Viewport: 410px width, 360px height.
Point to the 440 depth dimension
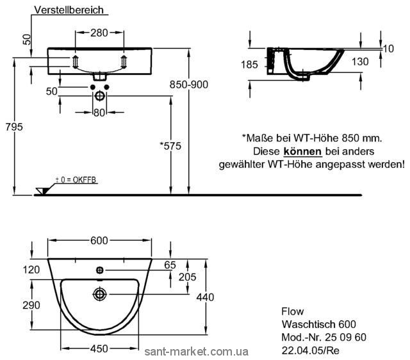pos(205,297)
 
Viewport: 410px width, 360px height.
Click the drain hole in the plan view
pos(100,295)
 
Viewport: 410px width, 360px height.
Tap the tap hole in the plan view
pos(100,270)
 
